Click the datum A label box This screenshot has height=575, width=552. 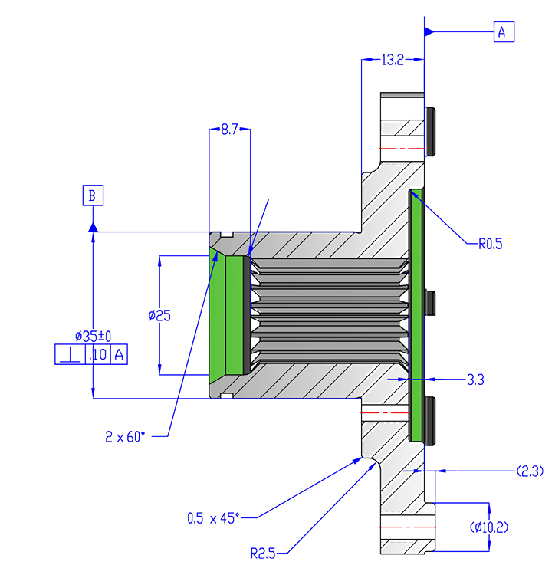pyautogui.click(x=502, y=32)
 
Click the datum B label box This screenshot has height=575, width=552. pyautogui.click(x=92, y=195)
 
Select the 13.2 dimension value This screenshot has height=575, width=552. pyautogui.click(x=391, y=59)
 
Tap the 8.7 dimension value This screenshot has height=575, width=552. pyautogui.click(x=229, y=130)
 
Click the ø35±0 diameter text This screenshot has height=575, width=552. pyautogui.click(x=93, y=336)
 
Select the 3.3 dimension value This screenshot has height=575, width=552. pyautogui.click(x=475, y=378)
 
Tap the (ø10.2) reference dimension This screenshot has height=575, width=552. pyautogui.click(x=521, y=527)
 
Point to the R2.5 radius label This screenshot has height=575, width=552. pyautogui.click(x=264, y=550)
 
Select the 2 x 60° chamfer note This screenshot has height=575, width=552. pyautogui.click(x=126, y=437)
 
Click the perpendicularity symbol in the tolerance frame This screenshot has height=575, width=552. pyautogui.click(x=70, y=355)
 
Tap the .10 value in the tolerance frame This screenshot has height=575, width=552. pyautogui.click(x=98, y=355)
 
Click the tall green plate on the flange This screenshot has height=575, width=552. pyautogui.click(x=416, y=314)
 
